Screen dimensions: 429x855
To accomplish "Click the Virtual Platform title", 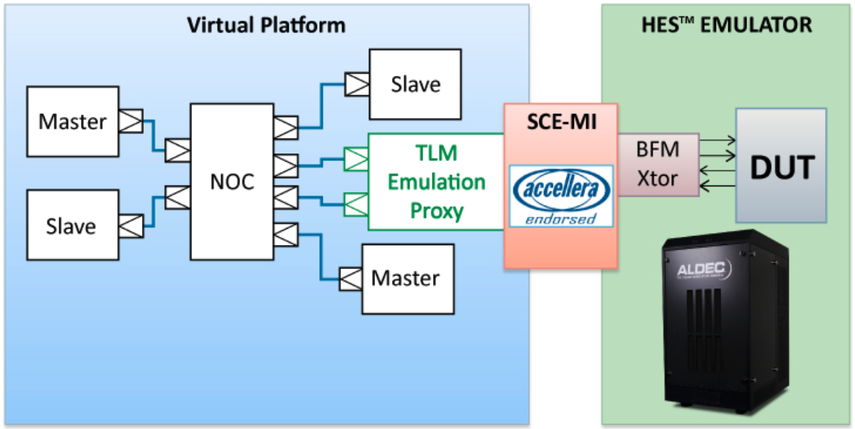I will [266, 25].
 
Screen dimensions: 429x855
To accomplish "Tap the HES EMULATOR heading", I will [726, 25].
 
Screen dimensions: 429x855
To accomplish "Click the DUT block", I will [781, 165].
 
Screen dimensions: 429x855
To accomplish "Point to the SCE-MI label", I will [560, 122].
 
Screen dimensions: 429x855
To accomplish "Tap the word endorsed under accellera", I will [560, 219].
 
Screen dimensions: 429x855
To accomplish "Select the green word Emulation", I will [437, 182].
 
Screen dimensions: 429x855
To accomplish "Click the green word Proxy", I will [437, 211].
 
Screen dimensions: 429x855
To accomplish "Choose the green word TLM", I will [437, 153].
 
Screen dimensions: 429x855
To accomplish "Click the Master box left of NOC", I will [72, 121].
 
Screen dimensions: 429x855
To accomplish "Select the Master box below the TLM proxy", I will [406, 278].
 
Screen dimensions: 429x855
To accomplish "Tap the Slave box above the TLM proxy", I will [415, 84].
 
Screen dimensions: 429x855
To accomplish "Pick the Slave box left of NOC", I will [72, 224].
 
